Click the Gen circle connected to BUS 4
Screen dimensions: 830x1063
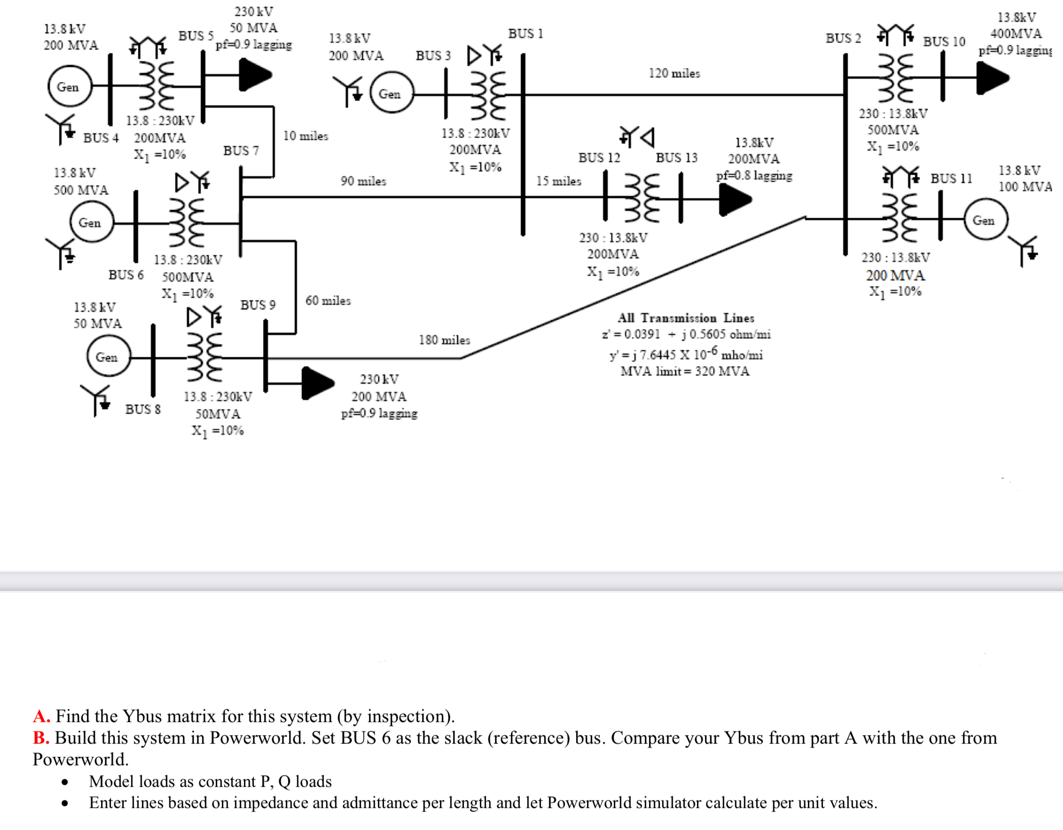pyautogui.click(x=70, y=86)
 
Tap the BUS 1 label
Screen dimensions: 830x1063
pyautogui.click(x=525, y=33)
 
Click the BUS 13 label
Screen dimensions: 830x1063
pyautogui.click(x=676, y=158)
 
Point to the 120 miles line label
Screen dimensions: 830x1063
pyautogui.click(x=674, y=73)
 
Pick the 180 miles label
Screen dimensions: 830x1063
pyautogui.click(x=445, y=340)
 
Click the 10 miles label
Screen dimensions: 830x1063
pyautogui.click(x=305, y=136)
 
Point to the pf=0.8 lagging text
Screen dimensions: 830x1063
pyautogui.click(x=754, y=175)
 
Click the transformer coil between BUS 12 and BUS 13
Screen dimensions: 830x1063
pyautogui.click(x=642, y=197)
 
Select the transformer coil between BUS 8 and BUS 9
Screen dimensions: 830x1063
pyautogui.click(x=204, y=357)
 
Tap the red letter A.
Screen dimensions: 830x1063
pyautogui.click(x=41, y=716)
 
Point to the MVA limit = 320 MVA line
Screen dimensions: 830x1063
pyautogui.click(x=685, y=371)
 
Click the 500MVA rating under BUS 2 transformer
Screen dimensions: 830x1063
pyautogui.click(x=893, y=130)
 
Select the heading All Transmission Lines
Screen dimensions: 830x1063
pyautogui.click(x=686, y=318)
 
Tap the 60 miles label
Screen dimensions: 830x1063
pyautogui.click(x=328, y=300)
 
